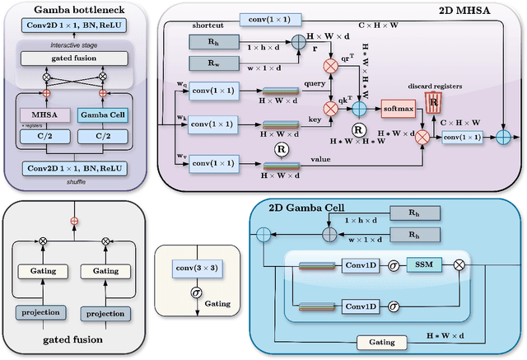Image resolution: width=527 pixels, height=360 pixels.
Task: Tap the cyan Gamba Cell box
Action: pyautogui.click(x=104, y=115)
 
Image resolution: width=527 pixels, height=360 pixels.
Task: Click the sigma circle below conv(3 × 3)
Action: pyautogui.click(x=195, y=291)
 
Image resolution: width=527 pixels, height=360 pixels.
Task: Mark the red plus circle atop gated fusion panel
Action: pyautogui.click(x=75, y=220)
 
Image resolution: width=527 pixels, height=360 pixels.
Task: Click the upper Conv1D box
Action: pyautogui.click(x=361, y=264)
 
